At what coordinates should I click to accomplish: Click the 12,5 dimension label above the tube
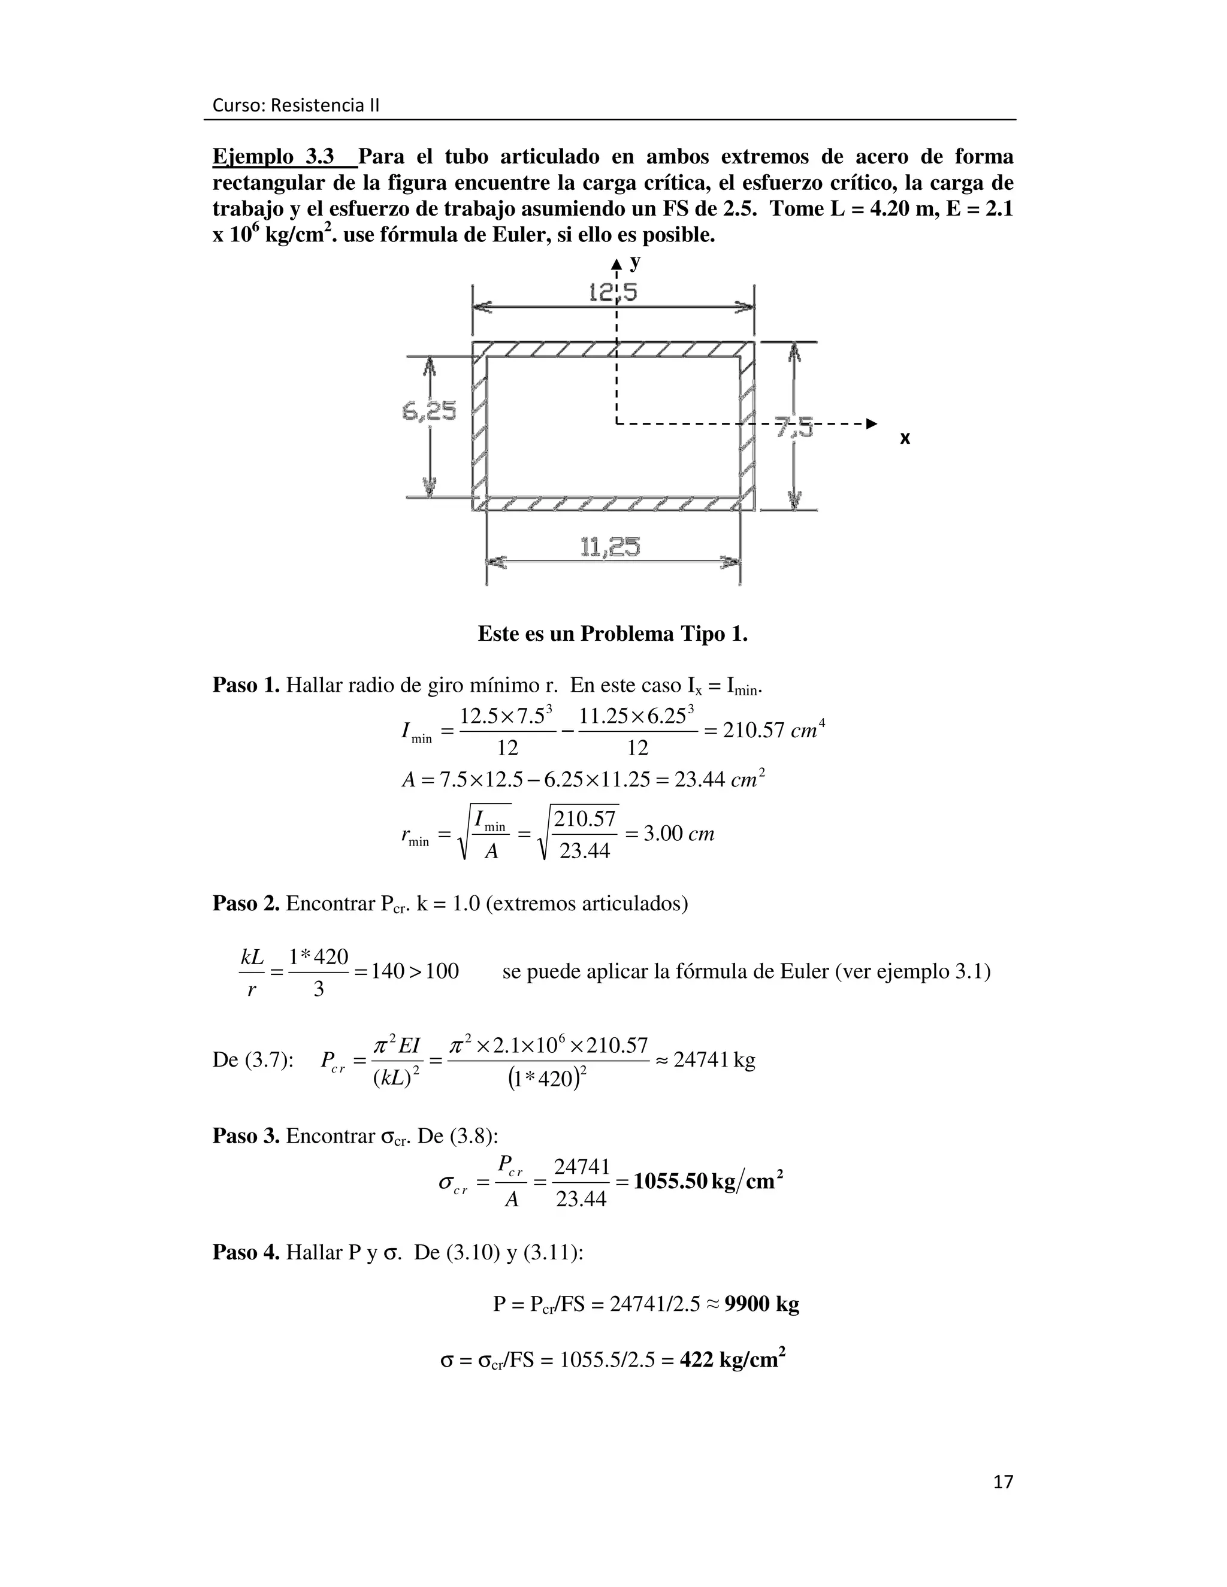612,292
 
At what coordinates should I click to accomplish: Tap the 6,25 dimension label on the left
428,412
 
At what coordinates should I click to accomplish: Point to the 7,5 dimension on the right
794,428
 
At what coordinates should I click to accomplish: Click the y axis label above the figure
635,262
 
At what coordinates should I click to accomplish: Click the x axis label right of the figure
905,438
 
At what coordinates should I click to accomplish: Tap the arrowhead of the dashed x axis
872,423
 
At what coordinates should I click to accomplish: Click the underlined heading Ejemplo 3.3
273,157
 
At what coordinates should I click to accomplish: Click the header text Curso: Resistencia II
295,106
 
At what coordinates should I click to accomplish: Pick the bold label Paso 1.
246,685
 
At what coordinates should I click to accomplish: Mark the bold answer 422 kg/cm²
732,1359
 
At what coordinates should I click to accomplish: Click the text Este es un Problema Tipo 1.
613,634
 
